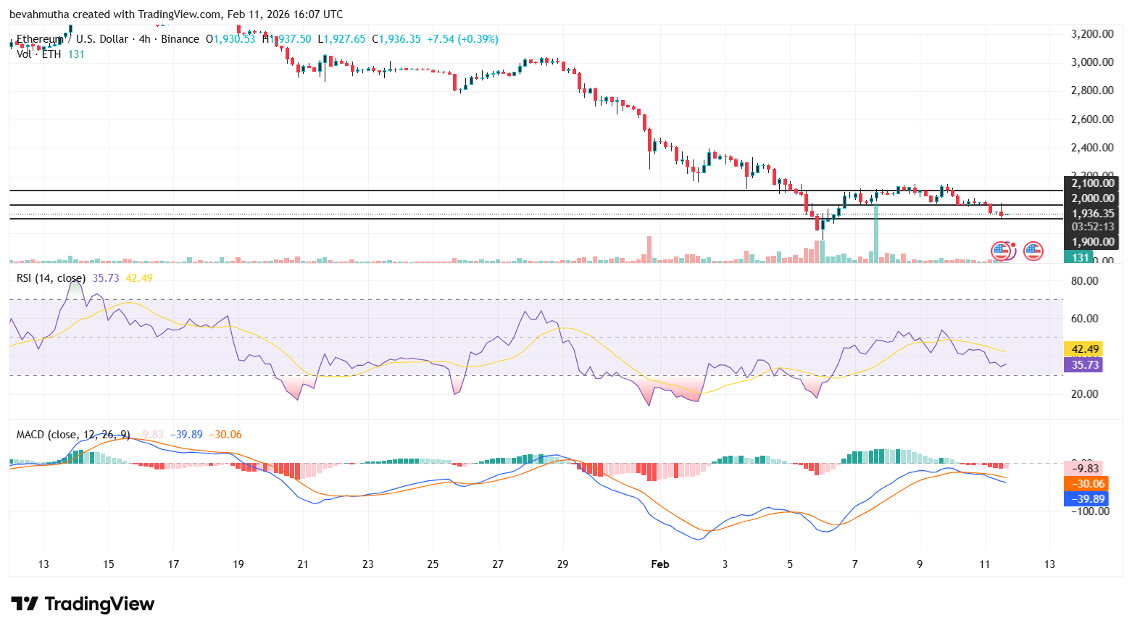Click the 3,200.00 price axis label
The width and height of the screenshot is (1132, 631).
click(x=1092, y=33)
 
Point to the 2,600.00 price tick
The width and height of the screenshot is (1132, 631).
click(x=1092, y=119)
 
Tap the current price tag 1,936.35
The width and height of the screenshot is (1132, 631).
click(x=1092, y=213)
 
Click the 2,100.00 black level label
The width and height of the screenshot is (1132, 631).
click(x=1092, y=183)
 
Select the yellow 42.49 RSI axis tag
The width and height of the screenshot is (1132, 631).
click(x=1084, y=348)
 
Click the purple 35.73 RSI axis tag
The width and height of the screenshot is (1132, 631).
click(x=1084, y=364)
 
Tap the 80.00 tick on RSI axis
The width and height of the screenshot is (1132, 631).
click(x=1085, y=281)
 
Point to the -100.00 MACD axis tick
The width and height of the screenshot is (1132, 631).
click(x=1091, y=511)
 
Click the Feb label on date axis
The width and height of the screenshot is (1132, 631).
click(x=659, y=564)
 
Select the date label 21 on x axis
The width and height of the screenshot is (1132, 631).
click(x=303, y=564)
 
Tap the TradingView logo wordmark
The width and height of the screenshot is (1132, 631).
click(x=83, y=603)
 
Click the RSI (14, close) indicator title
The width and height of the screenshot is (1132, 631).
click(x=51, y=278)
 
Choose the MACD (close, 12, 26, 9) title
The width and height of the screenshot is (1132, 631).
click(x=72, y=435)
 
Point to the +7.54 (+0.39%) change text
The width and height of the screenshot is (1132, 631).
click(x=462, y=39)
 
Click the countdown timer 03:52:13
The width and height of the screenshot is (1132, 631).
click(x=1092, y=227)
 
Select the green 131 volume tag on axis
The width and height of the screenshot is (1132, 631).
click(x=1080, y=257)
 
